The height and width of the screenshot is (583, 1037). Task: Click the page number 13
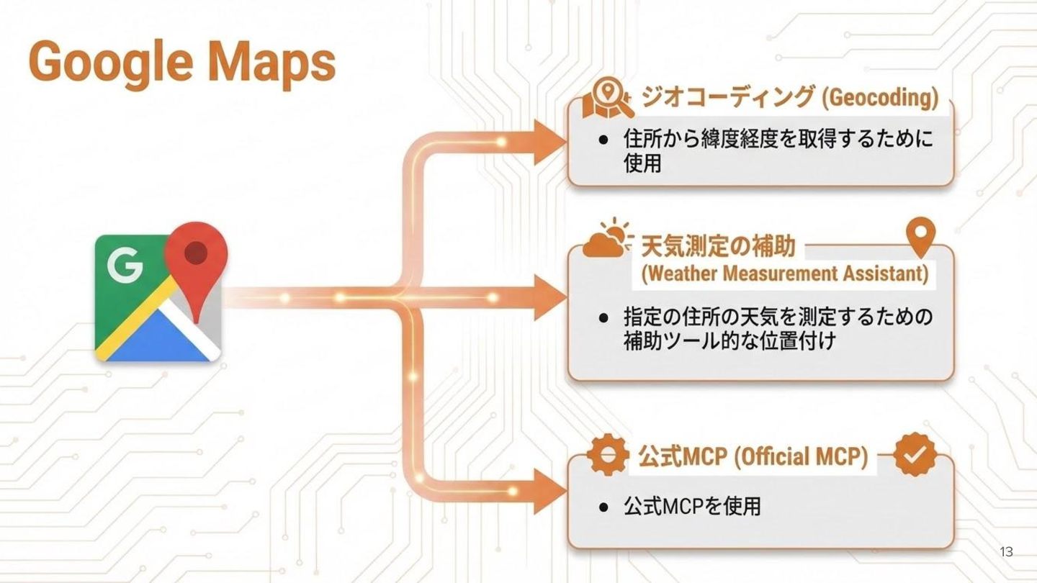(x=1006, y=552)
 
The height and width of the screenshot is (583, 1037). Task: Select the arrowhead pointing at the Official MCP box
(x=549, y=491)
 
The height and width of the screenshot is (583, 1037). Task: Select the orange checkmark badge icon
(x=915, y=454)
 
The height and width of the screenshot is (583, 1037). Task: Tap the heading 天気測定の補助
(x=718, y=246)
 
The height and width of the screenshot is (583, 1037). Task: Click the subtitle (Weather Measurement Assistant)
(x=784, y=274)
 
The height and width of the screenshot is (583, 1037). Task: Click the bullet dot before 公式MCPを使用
(x=603, y=507)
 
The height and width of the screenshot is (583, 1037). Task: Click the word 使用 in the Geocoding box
(x=642, y=164)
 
